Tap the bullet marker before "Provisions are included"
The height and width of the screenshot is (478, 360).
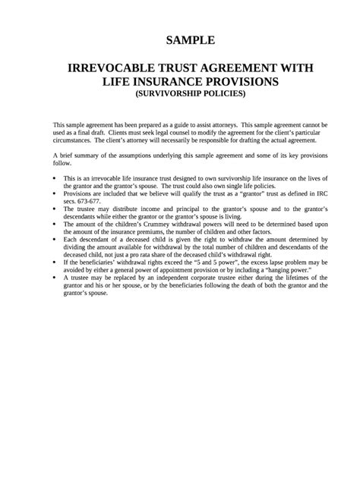pyautogui.click(x=55, y=193)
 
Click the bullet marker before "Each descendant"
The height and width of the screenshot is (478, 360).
pyautogui.click(x=55, y=240)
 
